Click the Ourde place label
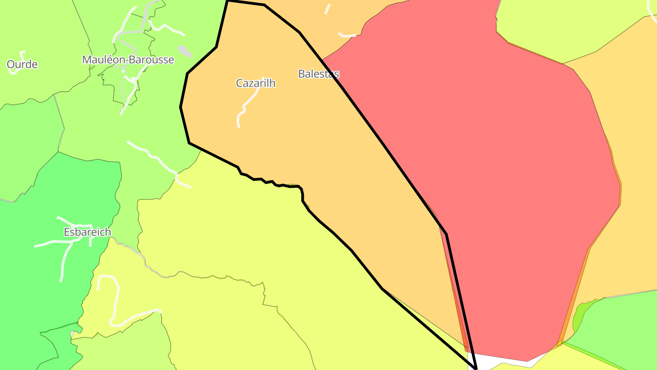point(22,64)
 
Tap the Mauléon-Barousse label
point(128,60)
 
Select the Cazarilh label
point(255,83)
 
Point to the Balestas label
point(318,74)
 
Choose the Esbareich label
point(87,232)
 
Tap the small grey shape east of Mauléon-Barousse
point(184,50)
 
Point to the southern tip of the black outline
point(476,368)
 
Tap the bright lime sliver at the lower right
point(579,317)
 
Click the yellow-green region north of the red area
point(570,27)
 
